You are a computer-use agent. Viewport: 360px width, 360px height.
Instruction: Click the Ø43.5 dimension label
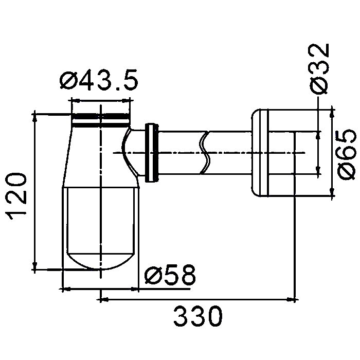coord(99,79)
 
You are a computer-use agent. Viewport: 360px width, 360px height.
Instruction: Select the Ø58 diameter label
coord(170,275)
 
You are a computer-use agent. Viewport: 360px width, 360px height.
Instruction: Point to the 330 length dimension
coord(198,316)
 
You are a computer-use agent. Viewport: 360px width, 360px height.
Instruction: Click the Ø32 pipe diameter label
coord(319,68)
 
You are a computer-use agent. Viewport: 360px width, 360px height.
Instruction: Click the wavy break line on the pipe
coord(205,152)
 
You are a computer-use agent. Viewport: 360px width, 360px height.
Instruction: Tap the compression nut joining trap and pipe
coord(152,153)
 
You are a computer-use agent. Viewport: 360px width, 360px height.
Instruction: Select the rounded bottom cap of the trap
coord(101,262)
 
